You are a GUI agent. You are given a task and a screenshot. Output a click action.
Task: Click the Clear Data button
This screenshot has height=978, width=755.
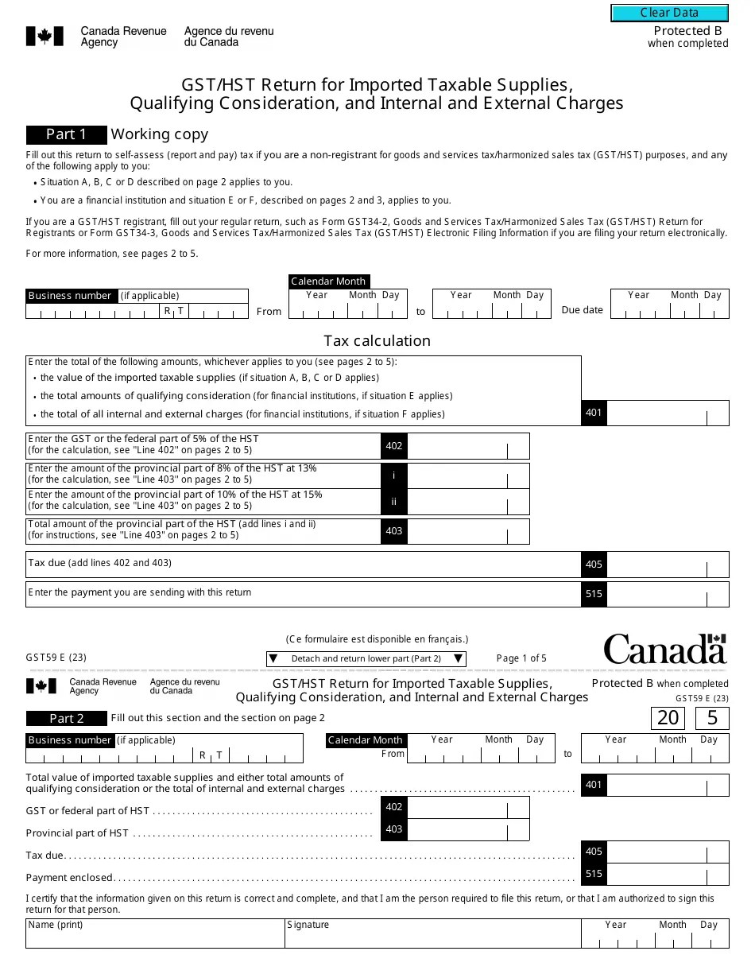[x=669, y=13]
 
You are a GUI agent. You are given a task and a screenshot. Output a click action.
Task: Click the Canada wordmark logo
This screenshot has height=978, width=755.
[x=664, y=649]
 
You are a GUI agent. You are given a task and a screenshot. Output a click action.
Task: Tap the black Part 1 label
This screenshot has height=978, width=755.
[x=67, y=134]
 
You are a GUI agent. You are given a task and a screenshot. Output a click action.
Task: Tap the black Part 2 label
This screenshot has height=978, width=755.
[x=67, y=719]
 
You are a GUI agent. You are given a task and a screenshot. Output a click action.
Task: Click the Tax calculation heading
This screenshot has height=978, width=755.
[x=377, y=341]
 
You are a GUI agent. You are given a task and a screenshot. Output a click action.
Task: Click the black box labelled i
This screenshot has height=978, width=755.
[x=393, y=475]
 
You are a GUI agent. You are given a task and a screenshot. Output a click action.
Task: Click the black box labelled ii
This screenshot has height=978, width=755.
[x=393, y=502]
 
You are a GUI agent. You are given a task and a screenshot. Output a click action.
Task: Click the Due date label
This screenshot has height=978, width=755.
[x=582, y=310]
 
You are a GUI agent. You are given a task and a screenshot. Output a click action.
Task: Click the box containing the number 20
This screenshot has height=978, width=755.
[x=668, y=718]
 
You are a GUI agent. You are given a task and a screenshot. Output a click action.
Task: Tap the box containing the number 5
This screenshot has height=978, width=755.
[x=712, y=718]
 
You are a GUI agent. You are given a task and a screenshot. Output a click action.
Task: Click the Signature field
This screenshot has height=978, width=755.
[x=432, y=937]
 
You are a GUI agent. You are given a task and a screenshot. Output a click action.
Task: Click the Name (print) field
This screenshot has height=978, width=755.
[x=155, y=937]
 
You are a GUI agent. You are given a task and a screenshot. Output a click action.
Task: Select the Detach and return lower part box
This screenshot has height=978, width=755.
[x=366, y=658]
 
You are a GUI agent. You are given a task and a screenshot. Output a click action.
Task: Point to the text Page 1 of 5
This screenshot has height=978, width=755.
[x=521, y=658]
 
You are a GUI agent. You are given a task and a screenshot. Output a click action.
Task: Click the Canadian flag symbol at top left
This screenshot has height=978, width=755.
[x=45, y=36]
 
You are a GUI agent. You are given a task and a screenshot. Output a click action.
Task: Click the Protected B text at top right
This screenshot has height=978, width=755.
[x=687, y=31]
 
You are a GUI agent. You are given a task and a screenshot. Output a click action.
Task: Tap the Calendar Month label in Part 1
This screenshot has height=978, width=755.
[x=328, y=281]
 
